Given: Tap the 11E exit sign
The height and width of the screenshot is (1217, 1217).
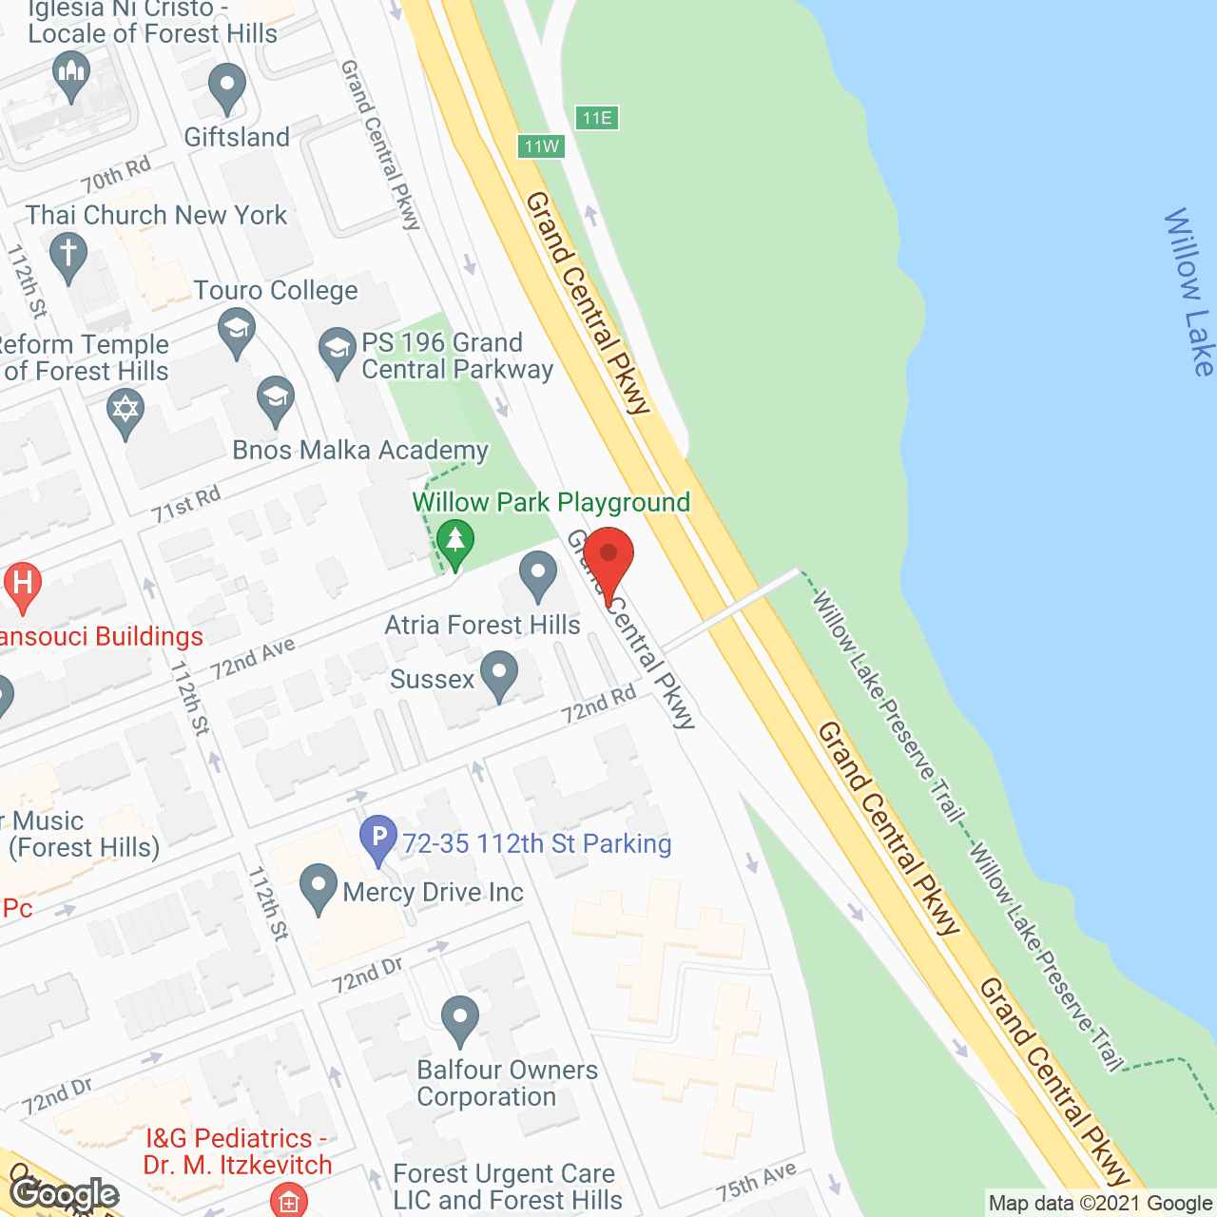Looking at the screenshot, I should coord(596,118).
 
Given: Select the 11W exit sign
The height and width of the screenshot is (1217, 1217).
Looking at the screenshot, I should coord(541,146).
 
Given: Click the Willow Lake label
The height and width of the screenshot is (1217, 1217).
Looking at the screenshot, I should coord(1188,292).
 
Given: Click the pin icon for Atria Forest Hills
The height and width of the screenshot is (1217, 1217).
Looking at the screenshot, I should coord(538,576).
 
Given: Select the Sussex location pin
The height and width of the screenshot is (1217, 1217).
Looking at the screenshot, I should coord(499,675).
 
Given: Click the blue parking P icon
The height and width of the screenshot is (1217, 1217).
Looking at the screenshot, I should coord(378,840).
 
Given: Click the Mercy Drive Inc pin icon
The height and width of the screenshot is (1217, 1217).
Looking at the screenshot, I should coord(318,888).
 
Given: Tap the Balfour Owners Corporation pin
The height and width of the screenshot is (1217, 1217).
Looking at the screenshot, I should coord(460,1020).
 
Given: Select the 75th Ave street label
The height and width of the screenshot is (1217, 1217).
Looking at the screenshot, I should coord(757,1181).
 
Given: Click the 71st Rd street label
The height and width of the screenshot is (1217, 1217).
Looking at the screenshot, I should coord(186,504).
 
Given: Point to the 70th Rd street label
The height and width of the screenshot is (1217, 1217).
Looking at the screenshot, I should coord(116,175).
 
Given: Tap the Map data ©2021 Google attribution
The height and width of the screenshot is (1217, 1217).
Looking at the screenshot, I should coord(1100,1204).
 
